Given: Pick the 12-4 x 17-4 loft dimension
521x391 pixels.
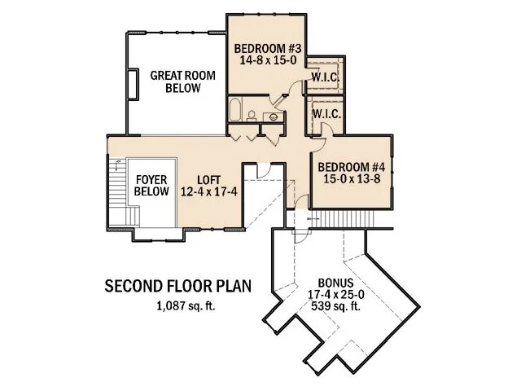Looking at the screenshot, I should click(208, 192).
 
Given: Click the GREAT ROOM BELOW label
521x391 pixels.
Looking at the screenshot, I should click(183, 81).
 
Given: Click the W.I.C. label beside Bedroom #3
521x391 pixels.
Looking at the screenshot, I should click(326, 77).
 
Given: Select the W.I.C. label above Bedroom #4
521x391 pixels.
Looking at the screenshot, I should click(326, 112).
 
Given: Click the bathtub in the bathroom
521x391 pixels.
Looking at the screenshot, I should click(236, 111).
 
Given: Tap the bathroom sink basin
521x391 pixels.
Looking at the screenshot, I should click(271, 118).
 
